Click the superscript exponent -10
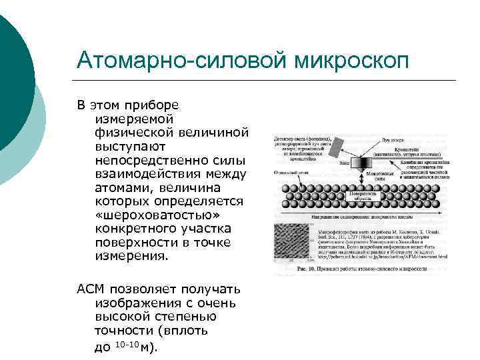[x=123, y=344]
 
